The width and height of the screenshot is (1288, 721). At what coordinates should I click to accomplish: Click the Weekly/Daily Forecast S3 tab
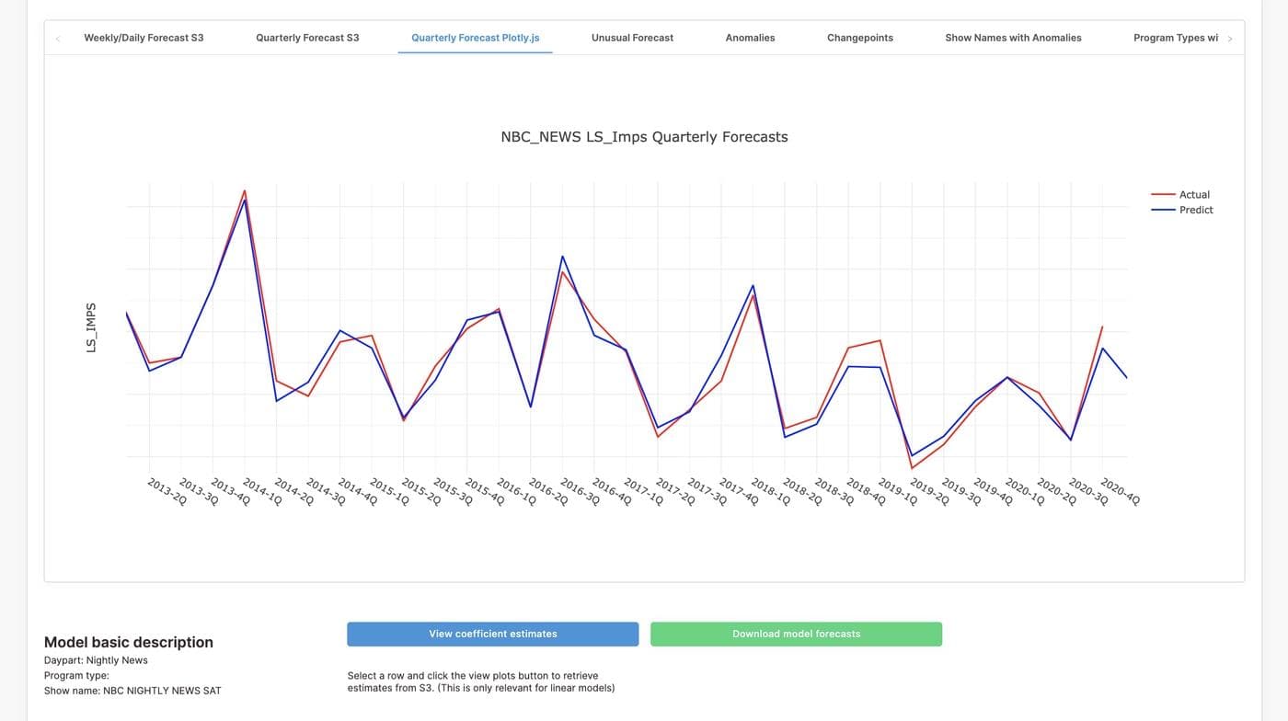pos(144,38)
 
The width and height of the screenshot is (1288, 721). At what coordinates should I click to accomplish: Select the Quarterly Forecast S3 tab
pos(307,38)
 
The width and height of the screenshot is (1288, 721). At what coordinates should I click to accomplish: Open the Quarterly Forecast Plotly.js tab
pos(475,38)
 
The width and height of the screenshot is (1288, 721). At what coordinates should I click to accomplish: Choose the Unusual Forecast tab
pos(632,38)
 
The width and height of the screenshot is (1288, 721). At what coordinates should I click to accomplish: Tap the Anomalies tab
pos(750,38)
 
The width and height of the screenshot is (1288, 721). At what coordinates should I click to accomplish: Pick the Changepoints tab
pos(859,38)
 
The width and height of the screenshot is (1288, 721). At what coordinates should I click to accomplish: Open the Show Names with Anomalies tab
pos(1013,38)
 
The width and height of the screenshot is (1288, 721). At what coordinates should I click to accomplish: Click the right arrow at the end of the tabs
pos(1230,39)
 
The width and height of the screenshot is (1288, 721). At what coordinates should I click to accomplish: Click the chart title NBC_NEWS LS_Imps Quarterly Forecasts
pos(644,137)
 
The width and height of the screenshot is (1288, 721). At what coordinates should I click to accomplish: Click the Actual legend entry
pos(1194,194)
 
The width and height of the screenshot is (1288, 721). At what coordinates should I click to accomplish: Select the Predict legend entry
pos(1196,210)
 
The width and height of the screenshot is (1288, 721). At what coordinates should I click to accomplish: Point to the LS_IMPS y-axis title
pos(91,327)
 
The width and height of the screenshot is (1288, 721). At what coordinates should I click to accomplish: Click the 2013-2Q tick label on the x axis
pos(167,491)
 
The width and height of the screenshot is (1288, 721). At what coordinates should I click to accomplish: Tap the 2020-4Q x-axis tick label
pos(1120,491)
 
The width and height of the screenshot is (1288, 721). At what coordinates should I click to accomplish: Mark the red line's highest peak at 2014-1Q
pos(245,191)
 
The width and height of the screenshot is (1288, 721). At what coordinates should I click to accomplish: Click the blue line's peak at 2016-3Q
pos(562,257)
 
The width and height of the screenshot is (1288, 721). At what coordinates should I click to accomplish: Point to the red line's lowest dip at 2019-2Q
pos(912,468)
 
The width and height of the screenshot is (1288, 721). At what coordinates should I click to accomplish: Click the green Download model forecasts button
pos(796,634)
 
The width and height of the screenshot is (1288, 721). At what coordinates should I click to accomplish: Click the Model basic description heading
pos(129,642)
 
